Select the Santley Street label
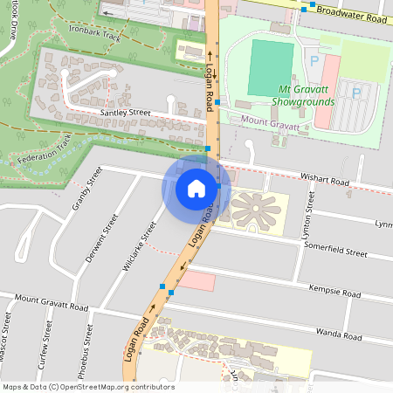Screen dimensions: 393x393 pyautogui.click(x=125, y=113)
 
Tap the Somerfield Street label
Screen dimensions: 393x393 pyautogui.click(x=335, y=252)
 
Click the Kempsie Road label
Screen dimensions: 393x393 pyautogui.click(x=334, y=290)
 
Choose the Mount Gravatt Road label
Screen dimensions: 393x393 pyautogui.click(x=52, y=303)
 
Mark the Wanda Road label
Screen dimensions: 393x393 pyautogui.click(x=339, y=333)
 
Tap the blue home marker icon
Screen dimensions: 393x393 pyautogui.click(x=196, y=188)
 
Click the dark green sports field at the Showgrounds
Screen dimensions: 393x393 pyautogui.click(x=271, y=67)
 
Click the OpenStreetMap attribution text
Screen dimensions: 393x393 pyautogui.click(x=88, y=387)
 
